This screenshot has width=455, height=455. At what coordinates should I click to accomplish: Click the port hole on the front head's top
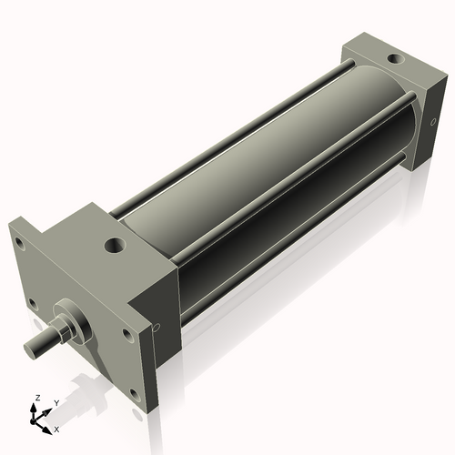tap(114, 246)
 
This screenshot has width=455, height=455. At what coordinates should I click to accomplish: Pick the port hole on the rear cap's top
tap(393, 60)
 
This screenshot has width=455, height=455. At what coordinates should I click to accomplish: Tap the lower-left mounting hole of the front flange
tap(33, 303)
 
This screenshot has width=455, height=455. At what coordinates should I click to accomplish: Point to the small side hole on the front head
tap(157, 329)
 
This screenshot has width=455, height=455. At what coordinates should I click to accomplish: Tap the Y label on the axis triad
tap(56, 401)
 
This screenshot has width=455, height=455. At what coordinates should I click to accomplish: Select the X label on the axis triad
tap(56, 428)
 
